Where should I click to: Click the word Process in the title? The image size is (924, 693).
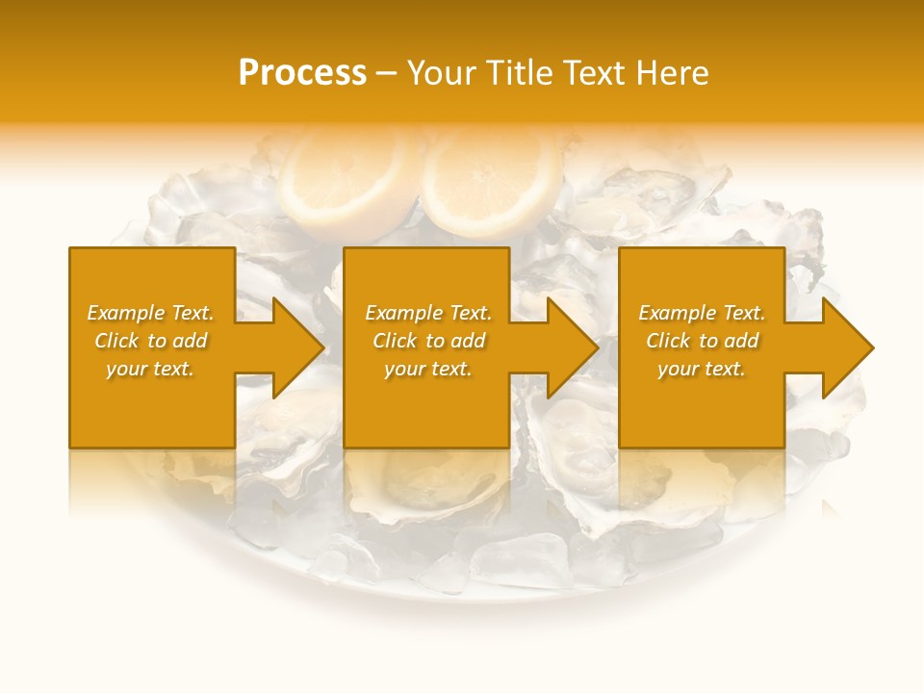[302, 73]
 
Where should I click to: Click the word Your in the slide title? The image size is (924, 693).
[443, 73]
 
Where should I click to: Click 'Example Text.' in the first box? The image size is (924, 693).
[150, 313]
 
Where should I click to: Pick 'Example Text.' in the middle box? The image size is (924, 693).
[428, 313]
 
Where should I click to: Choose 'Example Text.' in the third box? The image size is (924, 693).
[702, 313]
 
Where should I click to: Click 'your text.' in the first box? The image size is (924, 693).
[150, 369]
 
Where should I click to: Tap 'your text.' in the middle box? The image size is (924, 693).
[428, 369]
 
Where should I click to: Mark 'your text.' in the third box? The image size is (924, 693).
[702, 369]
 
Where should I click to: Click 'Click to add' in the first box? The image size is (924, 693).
[150, 341]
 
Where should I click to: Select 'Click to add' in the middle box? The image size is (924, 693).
[428, 341]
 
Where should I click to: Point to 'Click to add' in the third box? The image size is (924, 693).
[702, 341]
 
